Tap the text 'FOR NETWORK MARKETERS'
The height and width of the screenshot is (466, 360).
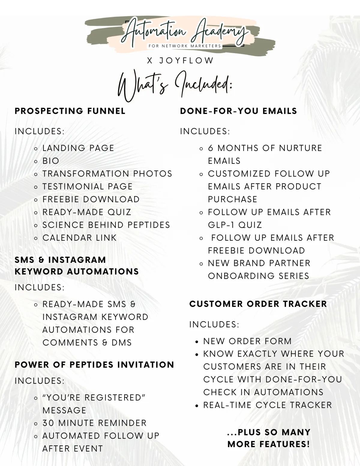185,46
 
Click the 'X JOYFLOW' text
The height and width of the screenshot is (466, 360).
180,61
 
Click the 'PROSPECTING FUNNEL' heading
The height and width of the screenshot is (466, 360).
70,111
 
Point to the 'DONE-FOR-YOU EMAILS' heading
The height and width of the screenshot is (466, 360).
238,111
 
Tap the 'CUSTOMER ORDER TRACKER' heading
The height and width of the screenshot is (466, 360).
258,304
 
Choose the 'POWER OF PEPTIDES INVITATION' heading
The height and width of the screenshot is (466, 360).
94,365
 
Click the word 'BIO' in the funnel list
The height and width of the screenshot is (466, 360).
51,161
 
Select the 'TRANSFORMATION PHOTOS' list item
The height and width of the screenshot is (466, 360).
107,174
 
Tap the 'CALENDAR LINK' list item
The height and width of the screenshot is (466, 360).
79,238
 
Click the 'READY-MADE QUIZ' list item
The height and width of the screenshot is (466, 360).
87,212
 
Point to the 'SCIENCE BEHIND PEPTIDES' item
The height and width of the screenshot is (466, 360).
106,225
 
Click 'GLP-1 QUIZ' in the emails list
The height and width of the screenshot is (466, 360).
235,225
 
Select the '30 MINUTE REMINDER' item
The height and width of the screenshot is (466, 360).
94,423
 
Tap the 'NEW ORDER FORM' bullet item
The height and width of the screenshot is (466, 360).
247,341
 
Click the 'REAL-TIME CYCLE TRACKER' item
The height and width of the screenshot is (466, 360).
268,405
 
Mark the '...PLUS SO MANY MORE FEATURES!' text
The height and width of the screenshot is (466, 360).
269,438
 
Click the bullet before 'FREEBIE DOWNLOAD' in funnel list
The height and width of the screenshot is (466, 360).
36,200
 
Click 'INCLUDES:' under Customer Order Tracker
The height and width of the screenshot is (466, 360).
214,324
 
